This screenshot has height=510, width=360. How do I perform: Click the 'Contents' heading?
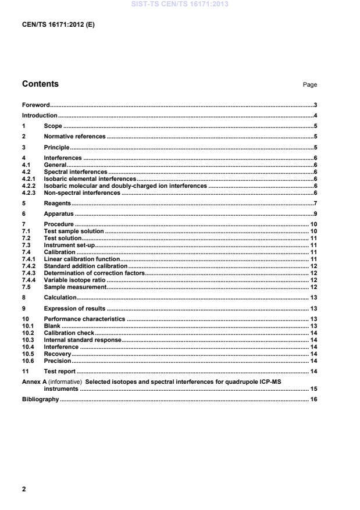[40, 84]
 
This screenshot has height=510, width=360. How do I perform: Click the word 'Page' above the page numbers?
[310, 85]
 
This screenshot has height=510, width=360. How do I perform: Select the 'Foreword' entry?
[35, 105]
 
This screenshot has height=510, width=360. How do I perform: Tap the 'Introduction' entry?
[40, 116]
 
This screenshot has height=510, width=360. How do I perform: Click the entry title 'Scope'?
[53, 126]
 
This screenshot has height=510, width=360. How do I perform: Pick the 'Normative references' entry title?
[75, 137]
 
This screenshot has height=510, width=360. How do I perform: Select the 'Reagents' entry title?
[58, 204]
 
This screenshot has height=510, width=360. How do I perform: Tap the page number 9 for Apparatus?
[315, 214]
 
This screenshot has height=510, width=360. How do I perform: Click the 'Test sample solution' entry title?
[74, 231]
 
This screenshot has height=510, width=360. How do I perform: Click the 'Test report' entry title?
[60, 371]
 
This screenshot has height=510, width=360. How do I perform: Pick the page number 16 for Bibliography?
[313, 400]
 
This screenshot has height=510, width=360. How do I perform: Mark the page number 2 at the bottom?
[24, 489]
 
